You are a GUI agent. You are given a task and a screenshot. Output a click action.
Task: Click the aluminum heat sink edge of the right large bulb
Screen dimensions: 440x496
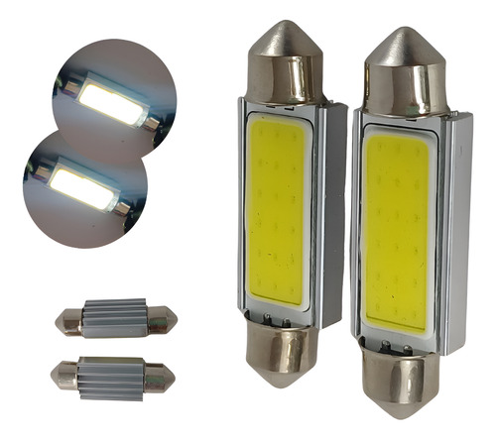(457, 228)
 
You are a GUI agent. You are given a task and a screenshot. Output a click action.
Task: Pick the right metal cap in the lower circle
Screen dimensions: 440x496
(121, 207)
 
